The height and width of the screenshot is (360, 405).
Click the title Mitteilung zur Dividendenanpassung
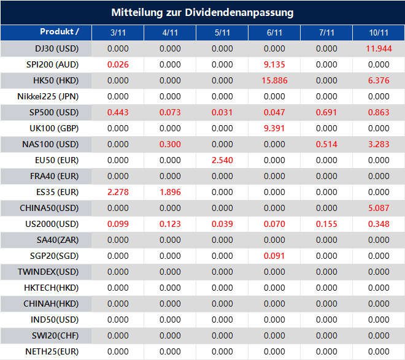coord(202,12)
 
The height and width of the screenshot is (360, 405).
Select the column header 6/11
coord(274,33)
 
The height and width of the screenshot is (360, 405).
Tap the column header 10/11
coord(379,33)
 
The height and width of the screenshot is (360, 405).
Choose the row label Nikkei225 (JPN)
coord(48,96)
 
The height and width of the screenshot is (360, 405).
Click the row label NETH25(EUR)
coord(52,351)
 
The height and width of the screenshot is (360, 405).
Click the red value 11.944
coord(379,48)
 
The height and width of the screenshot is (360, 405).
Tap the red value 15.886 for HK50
coord(274,80)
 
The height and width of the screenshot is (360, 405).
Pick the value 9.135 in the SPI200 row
coord(274,64)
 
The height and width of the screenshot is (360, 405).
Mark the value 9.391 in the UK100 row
coord(274,128)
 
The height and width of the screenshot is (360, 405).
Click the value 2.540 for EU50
coord(222,160)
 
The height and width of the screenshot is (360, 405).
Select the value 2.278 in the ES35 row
coord(118,192)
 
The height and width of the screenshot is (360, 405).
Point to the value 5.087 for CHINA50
coord(379,208)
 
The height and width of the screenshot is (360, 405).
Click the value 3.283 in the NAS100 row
coord(379,144)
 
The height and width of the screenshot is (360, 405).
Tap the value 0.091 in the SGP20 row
coord(274,256)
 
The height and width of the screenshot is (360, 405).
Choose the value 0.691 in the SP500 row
coord(327,112)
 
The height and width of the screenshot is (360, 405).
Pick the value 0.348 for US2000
coord(379,224)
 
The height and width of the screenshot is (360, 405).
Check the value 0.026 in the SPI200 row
coord(118,64)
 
